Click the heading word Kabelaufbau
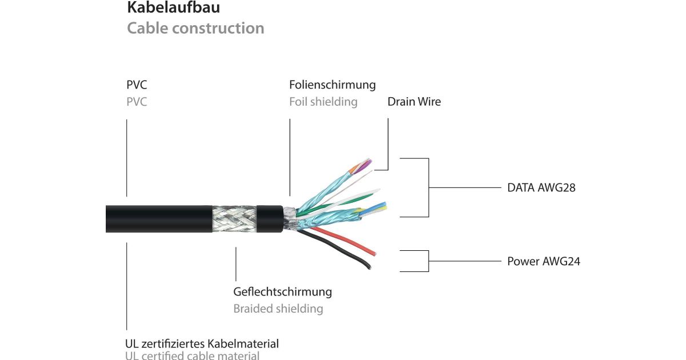tap(173, 9)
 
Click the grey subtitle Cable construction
tap(196, 28)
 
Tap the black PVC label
tap(136, 85)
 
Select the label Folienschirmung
tap(332, 85)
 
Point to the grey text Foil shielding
tap(323, 102)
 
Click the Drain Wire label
tap(414, 102)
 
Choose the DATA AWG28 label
tap(541, 187)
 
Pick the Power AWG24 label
tap(544, 261)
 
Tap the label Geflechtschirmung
tap(282, 291)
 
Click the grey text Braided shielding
tap(278, 309)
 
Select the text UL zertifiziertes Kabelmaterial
tap(202, 344)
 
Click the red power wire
tap(349, 241)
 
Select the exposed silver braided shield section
tap(234, 219)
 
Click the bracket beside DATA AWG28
tap(428, 187)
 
